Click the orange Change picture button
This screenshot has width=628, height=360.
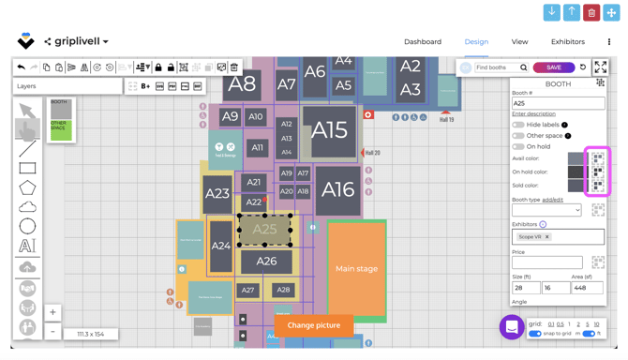pyautogui.click(x=313, y=325)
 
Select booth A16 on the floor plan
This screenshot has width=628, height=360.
pyautogui.click(x=337, y=189)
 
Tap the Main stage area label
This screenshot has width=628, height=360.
pyautogui.click(x=356, y=269)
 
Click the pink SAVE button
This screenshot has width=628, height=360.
pyautogui.click(x=553, y=67)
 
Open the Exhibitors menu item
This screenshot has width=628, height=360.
pyautogui.click(x=567, y=42)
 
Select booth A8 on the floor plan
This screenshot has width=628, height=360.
pyautogui.click(x=243, y=83)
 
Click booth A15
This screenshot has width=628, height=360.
pyautogui.click(x=329, y=130)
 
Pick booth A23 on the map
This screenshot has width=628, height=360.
pyautogui.click(x=217, y=194)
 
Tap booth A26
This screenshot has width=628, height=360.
pyautogui.click(x=266, y=262)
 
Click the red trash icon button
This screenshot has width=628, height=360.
pyautogui.click(x=591, y=12)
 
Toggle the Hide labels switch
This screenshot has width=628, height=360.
pyautogui.click(x=518, y=125)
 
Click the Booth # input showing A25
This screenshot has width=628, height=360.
pyautogui.click(x=558, y=103)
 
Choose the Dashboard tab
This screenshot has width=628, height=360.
pyautogui.click(x=423, y=42)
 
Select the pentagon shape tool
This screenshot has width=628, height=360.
pyautogui.click(x=27, y=187)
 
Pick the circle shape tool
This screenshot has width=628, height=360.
pyautogui.click(x=27, y=226)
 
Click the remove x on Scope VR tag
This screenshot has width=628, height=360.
pyautogui.click(x=547, y=237)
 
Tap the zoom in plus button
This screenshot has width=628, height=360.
pyautogui.click(x=52, y=312)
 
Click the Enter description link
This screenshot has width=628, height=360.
pyautogui.click(x=533, y=113)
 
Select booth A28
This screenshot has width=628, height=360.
pyautogui.click(x=283, y=291)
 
